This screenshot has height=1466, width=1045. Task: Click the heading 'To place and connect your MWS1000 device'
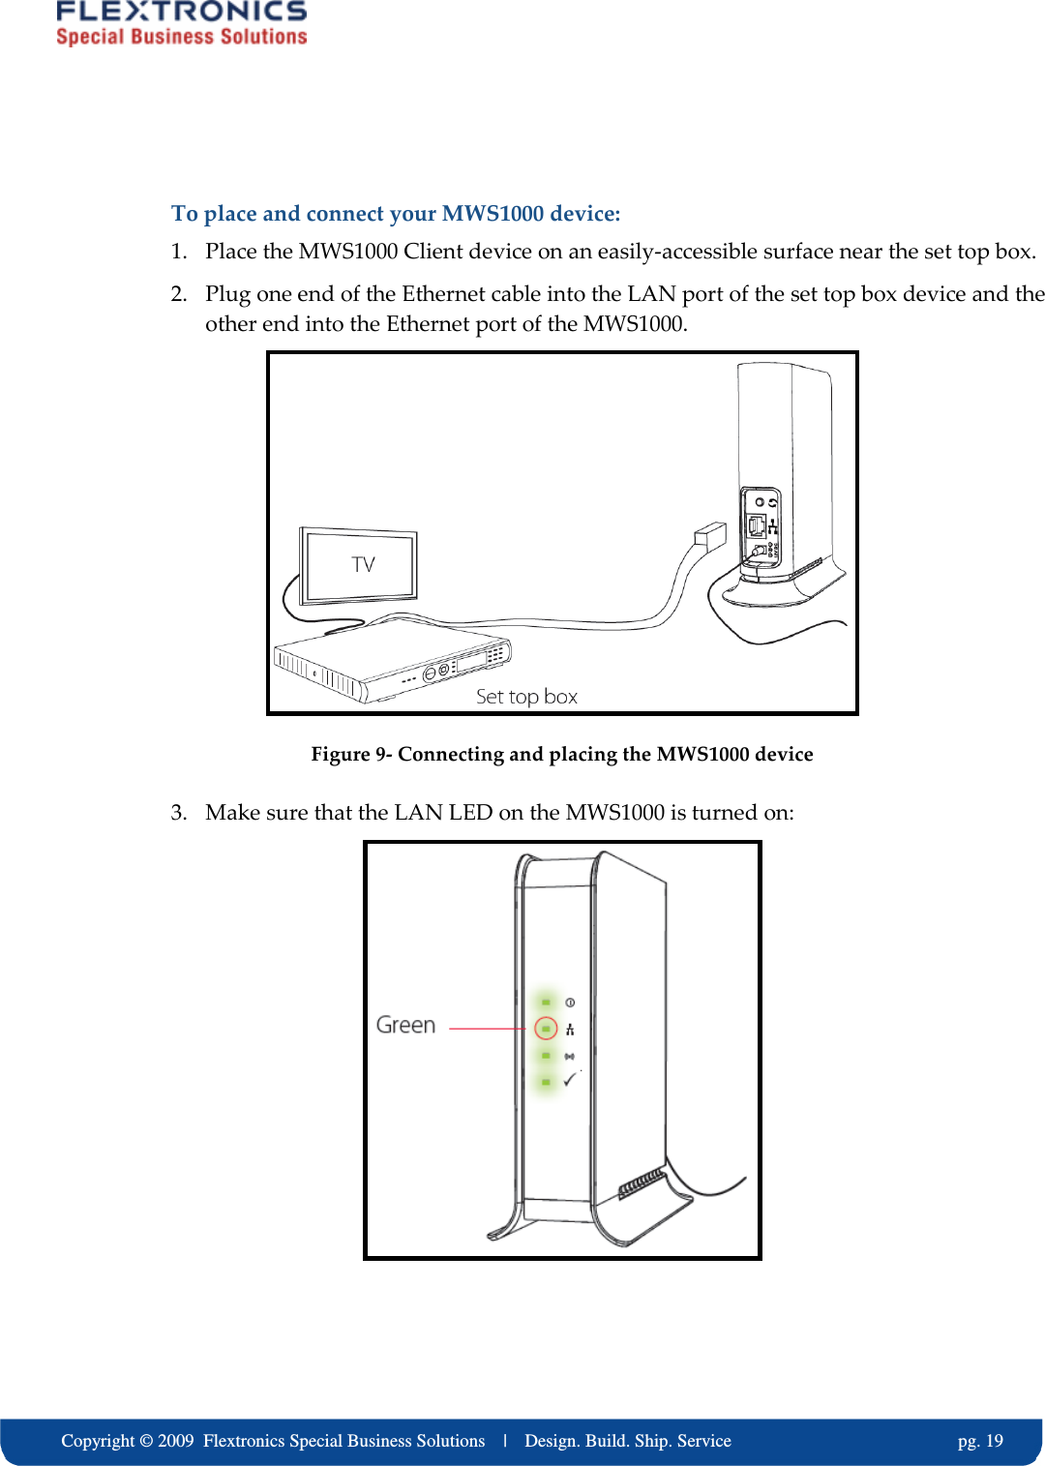(x=396, y=213)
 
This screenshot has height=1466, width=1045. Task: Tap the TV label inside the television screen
(x=363, y=564)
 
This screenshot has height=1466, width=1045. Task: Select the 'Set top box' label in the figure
(x=526, y=697)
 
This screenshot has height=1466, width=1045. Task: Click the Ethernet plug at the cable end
(x=709, y=535)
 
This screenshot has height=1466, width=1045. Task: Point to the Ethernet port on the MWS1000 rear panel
(x=756, y=525)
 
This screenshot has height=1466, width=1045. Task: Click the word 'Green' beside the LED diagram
(x=405, y=1025)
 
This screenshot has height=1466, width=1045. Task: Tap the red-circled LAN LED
(x=546, y=1029)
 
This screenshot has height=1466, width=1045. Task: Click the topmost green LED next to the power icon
(x=546, y=1002)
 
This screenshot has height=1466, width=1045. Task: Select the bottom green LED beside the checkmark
(x=546, y=1082)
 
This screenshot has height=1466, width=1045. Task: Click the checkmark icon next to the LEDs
(x=570, y=1080)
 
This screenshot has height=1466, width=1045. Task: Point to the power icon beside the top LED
(x=570, y=1002)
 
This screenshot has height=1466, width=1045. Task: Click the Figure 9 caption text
(x=561, y=754)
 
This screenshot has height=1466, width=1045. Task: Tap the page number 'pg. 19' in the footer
(x=980, y=1441)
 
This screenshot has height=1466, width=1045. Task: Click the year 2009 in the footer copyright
(x=176, y=1441)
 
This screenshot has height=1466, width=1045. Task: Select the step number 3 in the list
(x=178, y=812)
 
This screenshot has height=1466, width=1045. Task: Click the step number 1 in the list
(x=178, y=252)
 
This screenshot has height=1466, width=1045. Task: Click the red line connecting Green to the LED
(x=489, y=1029)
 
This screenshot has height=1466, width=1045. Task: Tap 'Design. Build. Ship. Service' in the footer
(x=627, y=1441)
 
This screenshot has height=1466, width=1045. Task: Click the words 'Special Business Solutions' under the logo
(x=181, y=37)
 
